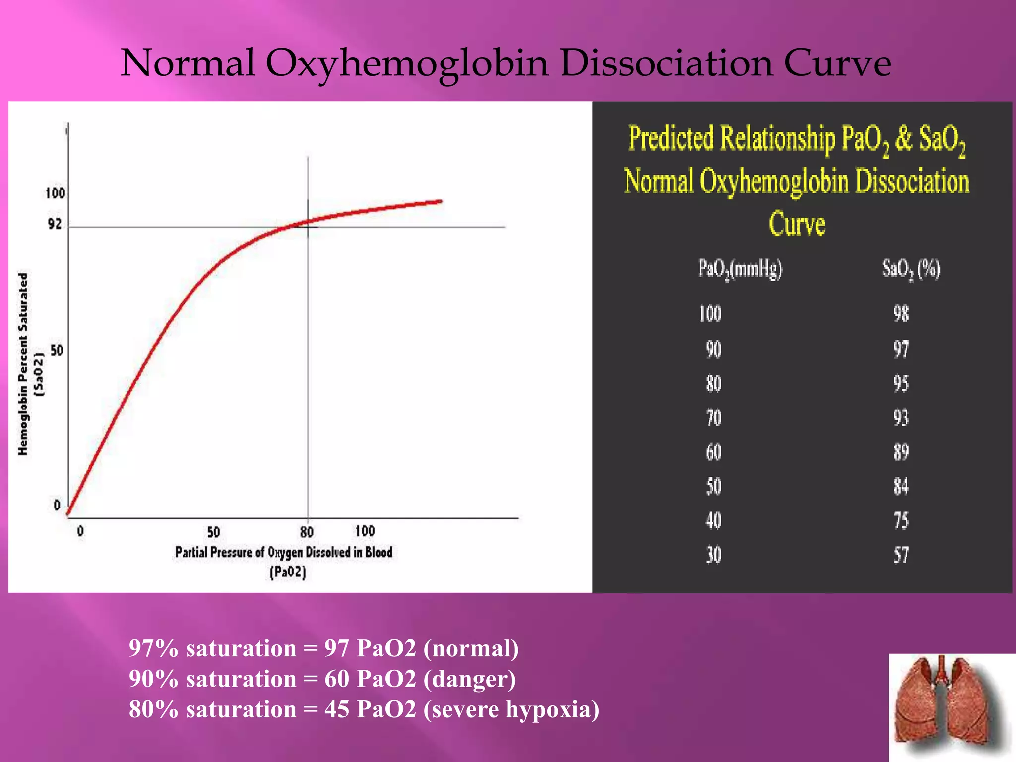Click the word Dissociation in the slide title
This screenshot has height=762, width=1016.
pos(666,63)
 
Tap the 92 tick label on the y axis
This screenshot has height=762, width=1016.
pos(55,224)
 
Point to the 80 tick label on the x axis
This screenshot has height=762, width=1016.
pos(307,532)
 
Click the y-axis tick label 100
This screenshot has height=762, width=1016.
pos(55,193)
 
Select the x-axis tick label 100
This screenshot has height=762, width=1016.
pos(365,531)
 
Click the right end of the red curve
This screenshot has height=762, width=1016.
pos(440,201)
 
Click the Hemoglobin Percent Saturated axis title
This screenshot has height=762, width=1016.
pos(23,364)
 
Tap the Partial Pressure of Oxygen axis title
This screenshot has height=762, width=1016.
pos(283,552)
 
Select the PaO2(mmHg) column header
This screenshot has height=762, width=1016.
pos(740,269)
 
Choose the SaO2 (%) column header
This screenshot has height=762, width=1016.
pos(910,269)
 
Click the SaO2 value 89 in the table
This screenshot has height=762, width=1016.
pos(901,452)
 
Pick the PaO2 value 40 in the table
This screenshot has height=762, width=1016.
pos(713,520)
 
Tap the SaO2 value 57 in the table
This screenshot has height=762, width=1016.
pos(901,555)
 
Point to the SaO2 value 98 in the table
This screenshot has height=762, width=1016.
pos(901,314)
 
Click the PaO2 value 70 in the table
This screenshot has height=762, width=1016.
pos(713,418)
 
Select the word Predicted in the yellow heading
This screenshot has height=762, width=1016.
pos(671,138)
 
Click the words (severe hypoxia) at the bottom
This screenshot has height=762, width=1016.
pos(511,709)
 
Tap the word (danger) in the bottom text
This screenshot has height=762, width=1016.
pos(469,679)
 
